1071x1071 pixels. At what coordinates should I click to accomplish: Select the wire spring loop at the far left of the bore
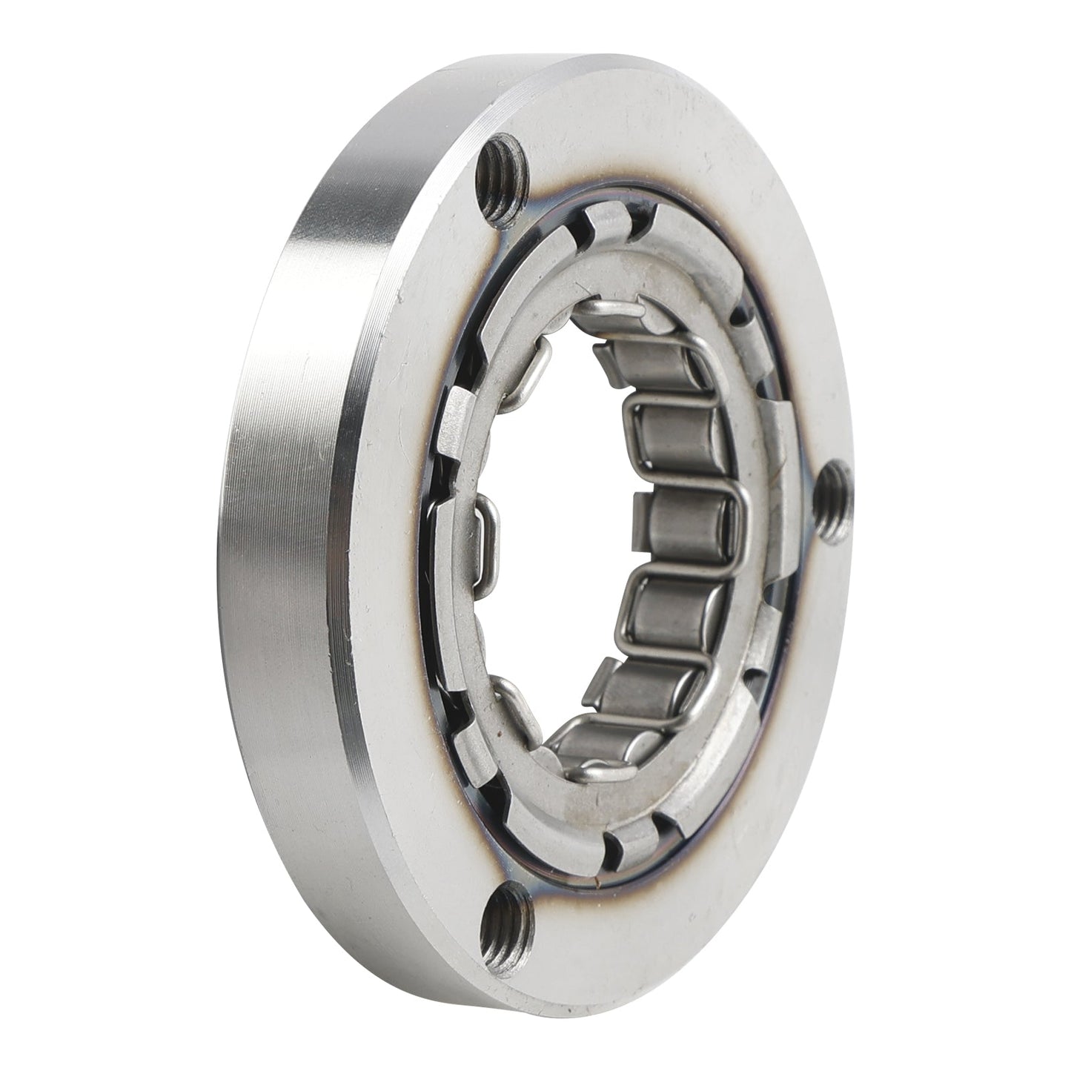pos(485,530)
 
